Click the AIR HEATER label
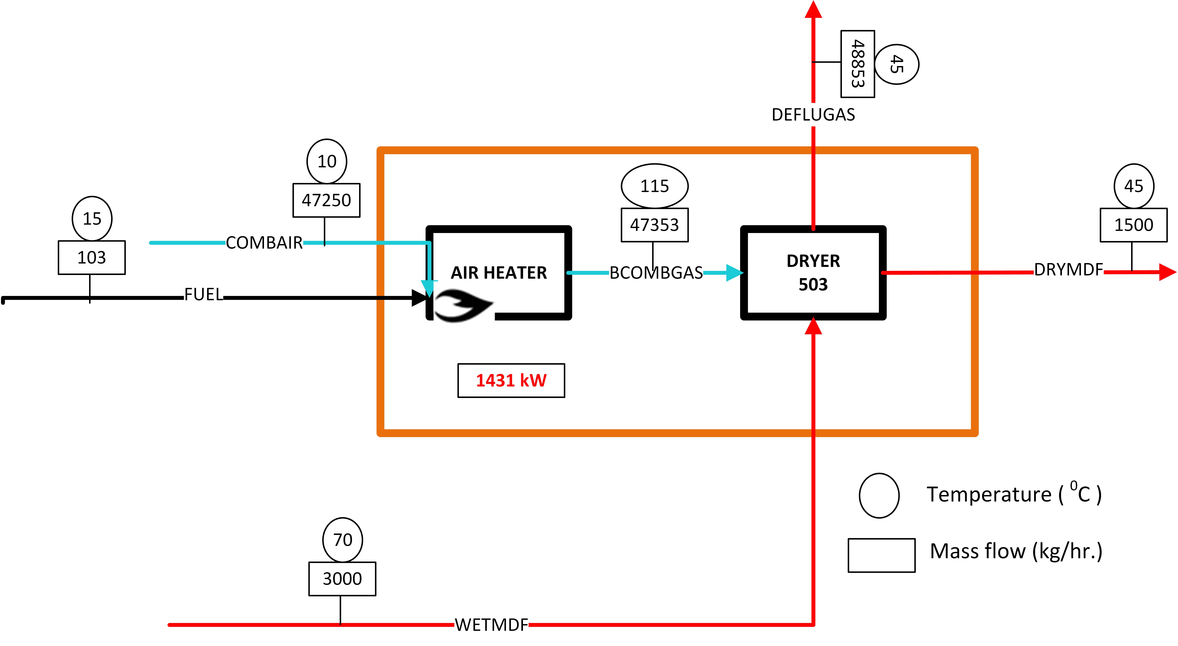coord(498,273)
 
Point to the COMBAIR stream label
coord(264,243)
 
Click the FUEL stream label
coord(204,294)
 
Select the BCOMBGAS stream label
coord(656,273)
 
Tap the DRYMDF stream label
coord(1069,269)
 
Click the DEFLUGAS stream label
coord(813,114)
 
